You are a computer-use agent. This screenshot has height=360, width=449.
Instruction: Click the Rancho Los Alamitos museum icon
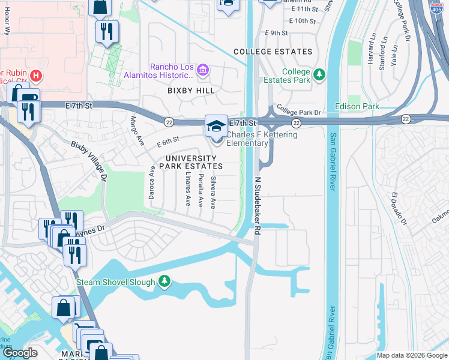coord(202,71)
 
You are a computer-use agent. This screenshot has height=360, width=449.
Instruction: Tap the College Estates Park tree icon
coord(320,74)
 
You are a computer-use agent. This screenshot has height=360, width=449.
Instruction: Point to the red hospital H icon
coord(36,76)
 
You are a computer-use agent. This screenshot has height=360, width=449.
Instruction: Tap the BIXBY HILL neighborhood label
coord(190,91)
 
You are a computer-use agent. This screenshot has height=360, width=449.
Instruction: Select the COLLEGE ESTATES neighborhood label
coord(273,52)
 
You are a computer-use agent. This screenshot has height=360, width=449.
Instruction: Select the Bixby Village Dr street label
coord(89,161)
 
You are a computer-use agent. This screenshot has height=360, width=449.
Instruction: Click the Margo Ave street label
coord(136,127)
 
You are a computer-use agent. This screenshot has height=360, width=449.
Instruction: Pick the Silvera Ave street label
coord(212,191)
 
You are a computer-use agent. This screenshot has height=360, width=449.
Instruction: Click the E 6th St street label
coord(169,142)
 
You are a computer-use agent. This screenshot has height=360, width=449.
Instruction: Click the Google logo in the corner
coord(20,353)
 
